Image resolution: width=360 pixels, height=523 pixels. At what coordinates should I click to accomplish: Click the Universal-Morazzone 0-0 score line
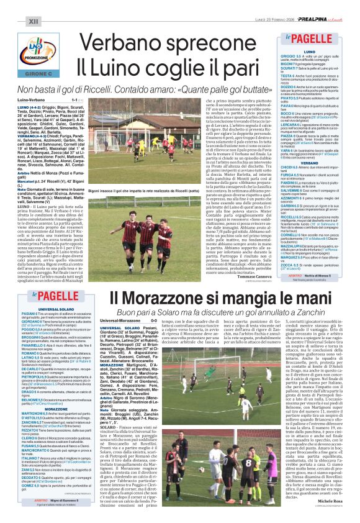(x=127, y=321)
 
